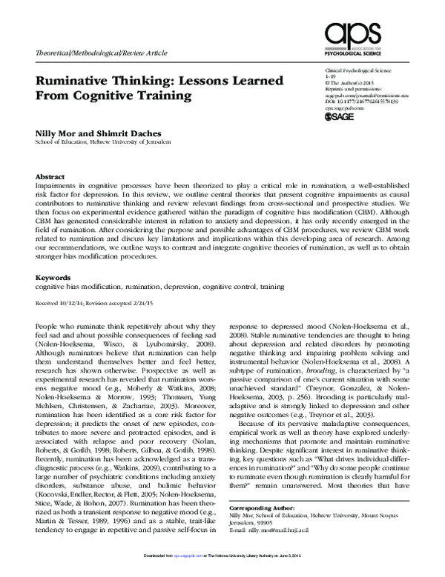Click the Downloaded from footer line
pos(222,564)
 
